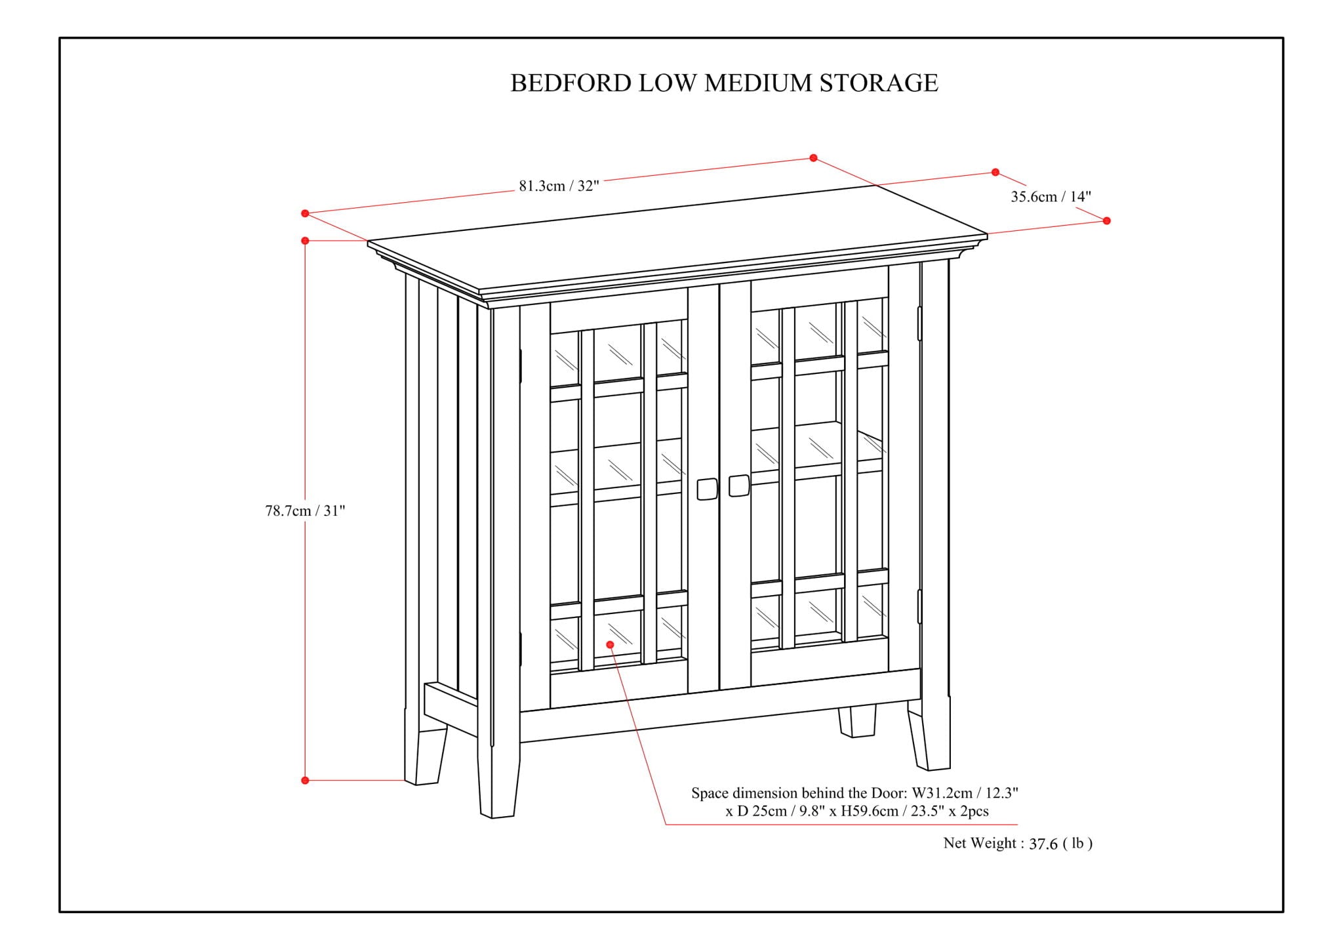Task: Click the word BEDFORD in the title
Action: pos(571,83)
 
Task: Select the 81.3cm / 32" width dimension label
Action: pos(559,186)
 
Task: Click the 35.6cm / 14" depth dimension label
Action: pos(1051,197)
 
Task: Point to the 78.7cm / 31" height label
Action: pos(305,511)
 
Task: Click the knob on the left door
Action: pos(707,489)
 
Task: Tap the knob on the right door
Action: pos(739,485)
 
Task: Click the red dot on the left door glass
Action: pos(610,645)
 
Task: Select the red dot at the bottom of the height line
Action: pos(305,780)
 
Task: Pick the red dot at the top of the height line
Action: pos(305,241)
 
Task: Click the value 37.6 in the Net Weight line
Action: pos(1043,844)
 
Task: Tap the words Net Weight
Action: pos(980,844)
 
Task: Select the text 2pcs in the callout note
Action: pos(973,812)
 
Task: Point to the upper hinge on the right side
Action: pos(919,323)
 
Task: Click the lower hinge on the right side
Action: pos(919,606)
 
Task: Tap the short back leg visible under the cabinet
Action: pos(857,721)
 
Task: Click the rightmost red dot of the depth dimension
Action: pos(1107,220)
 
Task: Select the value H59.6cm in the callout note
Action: pos(870,812)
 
